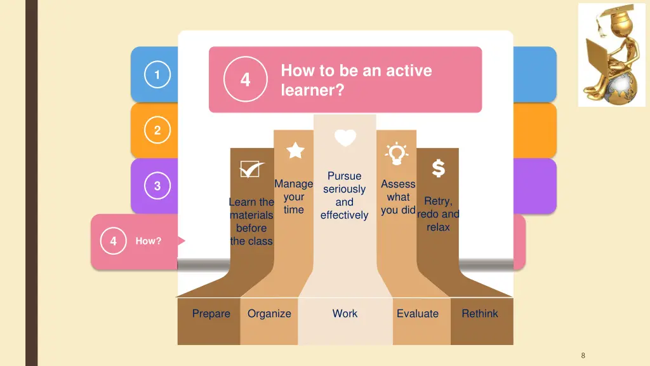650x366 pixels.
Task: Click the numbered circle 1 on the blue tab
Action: [157, 76]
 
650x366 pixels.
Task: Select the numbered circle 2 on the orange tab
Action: [157, 131]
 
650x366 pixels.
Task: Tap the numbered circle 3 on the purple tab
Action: [157, 186]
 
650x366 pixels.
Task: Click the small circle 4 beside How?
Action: [113, 241]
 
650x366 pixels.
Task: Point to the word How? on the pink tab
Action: [149, 241]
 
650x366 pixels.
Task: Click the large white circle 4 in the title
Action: [245, 80]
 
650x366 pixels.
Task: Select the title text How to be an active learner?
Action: [356, 80]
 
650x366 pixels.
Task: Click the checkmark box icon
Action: [251, 169]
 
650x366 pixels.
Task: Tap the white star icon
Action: [295, 151]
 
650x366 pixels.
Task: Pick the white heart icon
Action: [345, 138]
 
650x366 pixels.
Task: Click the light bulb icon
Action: [397, 153]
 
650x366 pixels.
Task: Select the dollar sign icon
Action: [438, 168]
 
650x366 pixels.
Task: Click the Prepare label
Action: [211, 313]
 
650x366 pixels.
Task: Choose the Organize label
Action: [269, 313]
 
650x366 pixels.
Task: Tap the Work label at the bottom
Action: [345, 313]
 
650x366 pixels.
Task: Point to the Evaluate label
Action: [418, 313]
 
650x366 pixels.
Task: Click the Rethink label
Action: [480, 313]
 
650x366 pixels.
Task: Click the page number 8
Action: [583, 355]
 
